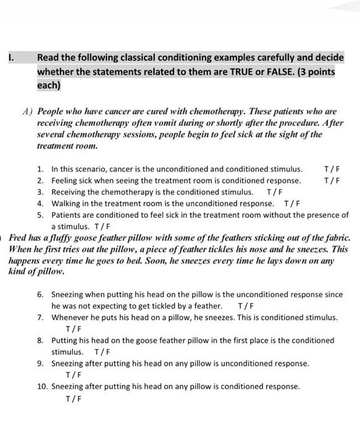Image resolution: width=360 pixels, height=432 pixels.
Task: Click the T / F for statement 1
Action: pyautogui.click(x=332, y=168)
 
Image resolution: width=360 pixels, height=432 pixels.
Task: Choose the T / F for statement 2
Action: pyautogui.click(x=332, y=180)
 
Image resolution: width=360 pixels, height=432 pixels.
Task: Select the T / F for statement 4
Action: pyautogui.click(x=291, y=204)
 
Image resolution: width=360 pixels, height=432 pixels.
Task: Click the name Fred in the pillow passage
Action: pyautogui.click(x=19, y=238)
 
